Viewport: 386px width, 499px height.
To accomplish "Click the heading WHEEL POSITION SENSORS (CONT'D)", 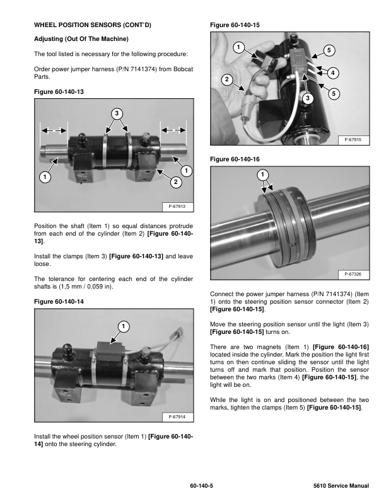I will [x=92, y=25].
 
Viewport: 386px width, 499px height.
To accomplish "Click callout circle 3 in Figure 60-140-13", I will [x=117, y=113].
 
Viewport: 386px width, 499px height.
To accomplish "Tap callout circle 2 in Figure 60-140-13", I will [x=175, y=182].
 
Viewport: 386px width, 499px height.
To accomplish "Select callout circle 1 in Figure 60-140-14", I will [x=123, y=326].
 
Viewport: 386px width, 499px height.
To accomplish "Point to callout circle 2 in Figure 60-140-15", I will [x=227, y=79].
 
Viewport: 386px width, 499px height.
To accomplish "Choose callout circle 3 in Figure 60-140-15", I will [x=307, y=98].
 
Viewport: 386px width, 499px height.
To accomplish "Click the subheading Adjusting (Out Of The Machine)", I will [x=81, y=39].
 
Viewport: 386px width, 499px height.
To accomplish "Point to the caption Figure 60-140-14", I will [x=58, y=302].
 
